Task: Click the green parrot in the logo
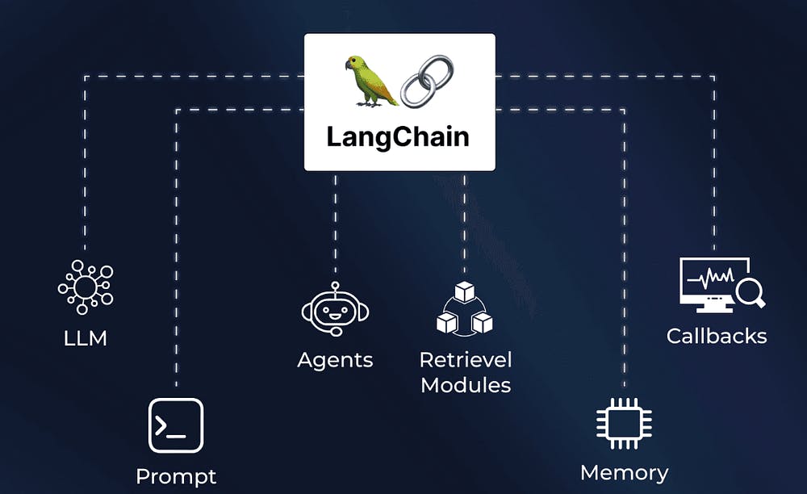tap(370, 82)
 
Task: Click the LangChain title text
tap(398, 136)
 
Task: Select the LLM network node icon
tap(85, 287)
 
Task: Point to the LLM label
tap(86, 337)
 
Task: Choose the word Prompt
tap(176, 476)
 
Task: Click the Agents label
tap(335, 359)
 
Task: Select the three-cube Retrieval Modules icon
tap(464, 309)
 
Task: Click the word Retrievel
tap(466, 359)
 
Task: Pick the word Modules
tap(466, 385)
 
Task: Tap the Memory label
tap(624, 472)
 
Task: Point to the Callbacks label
tap(716, 336)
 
